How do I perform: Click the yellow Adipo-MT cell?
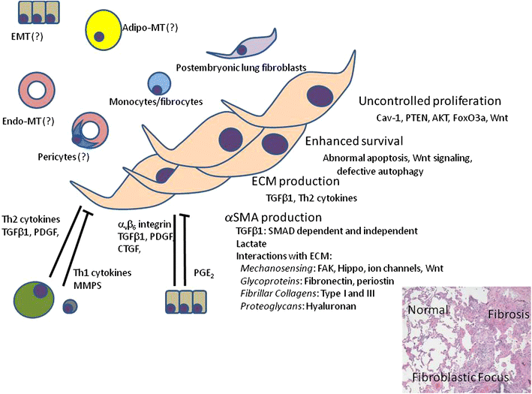click(107, 32)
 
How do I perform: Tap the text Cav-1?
click(389, 119)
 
